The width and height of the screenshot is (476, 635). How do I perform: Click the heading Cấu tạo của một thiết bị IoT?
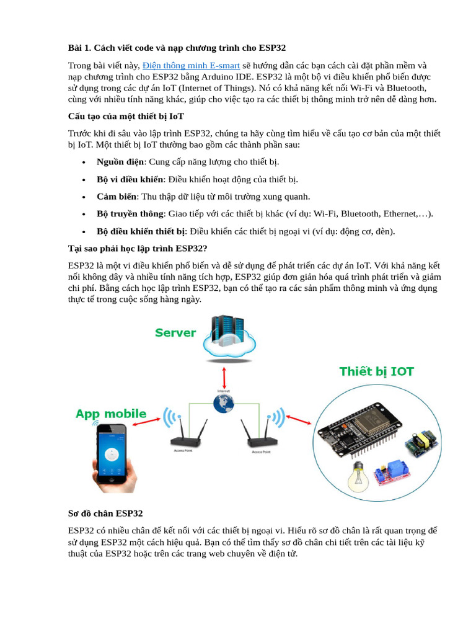(126, 116)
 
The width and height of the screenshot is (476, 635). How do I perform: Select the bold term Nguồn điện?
(120, 162)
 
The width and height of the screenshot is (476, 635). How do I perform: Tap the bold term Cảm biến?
(117, 197)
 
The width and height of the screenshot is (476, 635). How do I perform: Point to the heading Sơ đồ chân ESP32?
(105, 513)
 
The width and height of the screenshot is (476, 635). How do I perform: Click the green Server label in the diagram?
(175, 333)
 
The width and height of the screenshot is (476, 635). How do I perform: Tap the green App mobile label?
(111, 414)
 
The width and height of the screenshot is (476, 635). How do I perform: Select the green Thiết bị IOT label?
(377, 372)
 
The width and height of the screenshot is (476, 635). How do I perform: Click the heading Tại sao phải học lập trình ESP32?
(137, 249)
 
